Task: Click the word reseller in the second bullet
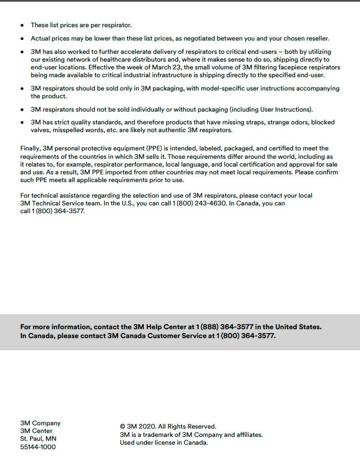click(316, 38)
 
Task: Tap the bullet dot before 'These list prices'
click(22, 26)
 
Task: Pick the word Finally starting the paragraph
click(31, 148)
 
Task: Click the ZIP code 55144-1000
click(38, 447)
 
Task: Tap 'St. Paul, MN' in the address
click(38, 439)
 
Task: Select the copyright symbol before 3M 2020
click(123, 426)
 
